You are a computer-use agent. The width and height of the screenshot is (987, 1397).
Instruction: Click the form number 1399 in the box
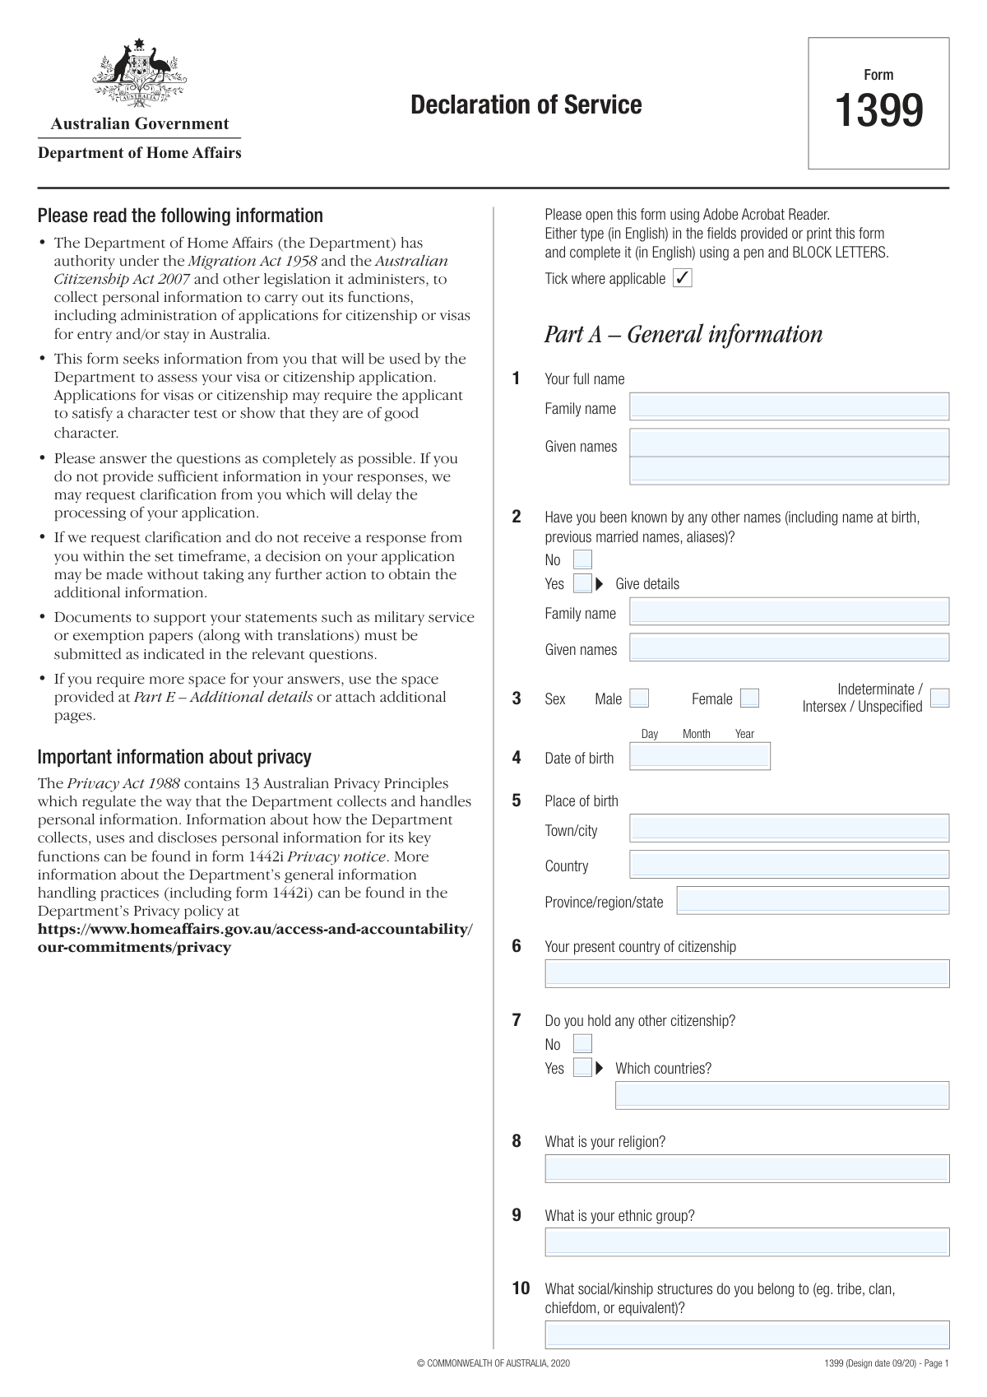(x=878, y=111)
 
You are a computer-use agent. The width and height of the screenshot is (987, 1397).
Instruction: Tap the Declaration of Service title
(x=526, y=105)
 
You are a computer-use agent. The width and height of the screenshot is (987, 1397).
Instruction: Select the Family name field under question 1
(x=789, y=406)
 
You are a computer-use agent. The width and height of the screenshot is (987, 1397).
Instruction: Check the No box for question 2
(x=582, y=560)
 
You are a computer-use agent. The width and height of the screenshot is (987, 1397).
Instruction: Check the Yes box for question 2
(x=582, y=584)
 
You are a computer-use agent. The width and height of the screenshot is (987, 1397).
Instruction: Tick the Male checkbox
(x=639, y=698)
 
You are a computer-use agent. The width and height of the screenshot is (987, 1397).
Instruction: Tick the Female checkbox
(x=749, y=698)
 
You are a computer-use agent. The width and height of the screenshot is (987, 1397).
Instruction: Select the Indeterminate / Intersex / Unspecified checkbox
(x=939, y=698)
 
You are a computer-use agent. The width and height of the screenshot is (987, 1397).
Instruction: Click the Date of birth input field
(x=699, y=757)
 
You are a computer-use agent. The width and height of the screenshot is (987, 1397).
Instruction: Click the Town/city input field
(x=789, y=828)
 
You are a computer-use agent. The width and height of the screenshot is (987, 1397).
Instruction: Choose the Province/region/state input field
(x=813, y=901)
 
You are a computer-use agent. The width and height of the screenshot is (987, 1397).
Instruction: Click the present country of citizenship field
(x=747, y=974)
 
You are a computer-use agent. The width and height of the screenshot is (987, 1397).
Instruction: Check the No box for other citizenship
(x=582, y=1045)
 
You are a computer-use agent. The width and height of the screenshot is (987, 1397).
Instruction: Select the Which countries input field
(x=781, y=1095)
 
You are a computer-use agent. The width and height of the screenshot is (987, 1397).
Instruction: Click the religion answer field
(x=747, y=1169)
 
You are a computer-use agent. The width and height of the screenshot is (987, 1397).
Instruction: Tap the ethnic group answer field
(x=747, y=1242)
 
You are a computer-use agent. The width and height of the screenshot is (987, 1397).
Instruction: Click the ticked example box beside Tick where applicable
(x=683, y=278)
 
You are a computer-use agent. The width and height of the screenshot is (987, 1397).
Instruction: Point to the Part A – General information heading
(x=683, y=335)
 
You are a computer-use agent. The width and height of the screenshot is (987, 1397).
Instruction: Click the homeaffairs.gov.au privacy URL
(x=255, y=938)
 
